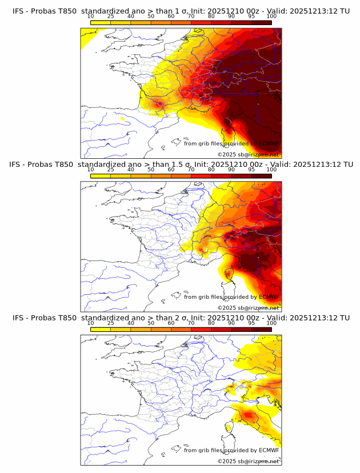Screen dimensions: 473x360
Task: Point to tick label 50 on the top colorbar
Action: click(x=151, y=16)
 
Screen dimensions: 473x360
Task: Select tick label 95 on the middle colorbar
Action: click(x=251, y=170)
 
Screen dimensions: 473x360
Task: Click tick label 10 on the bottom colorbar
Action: click(x=90, y=323)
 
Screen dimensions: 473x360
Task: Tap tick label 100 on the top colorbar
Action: click(x=271, y=16)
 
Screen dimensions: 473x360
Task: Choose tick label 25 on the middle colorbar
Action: click(x=110, y=170)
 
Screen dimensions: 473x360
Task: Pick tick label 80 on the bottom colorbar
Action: click(x=211, y=323)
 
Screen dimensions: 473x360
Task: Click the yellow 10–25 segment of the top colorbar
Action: click(x=101, y=22)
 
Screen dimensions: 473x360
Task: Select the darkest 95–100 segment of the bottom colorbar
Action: click(x=262, y=328)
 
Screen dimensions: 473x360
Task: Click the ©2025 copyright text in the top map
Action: click(x=226, y=154)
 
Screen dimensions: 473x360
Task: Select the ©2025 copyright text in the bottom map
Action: click(x=226, y=461)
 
